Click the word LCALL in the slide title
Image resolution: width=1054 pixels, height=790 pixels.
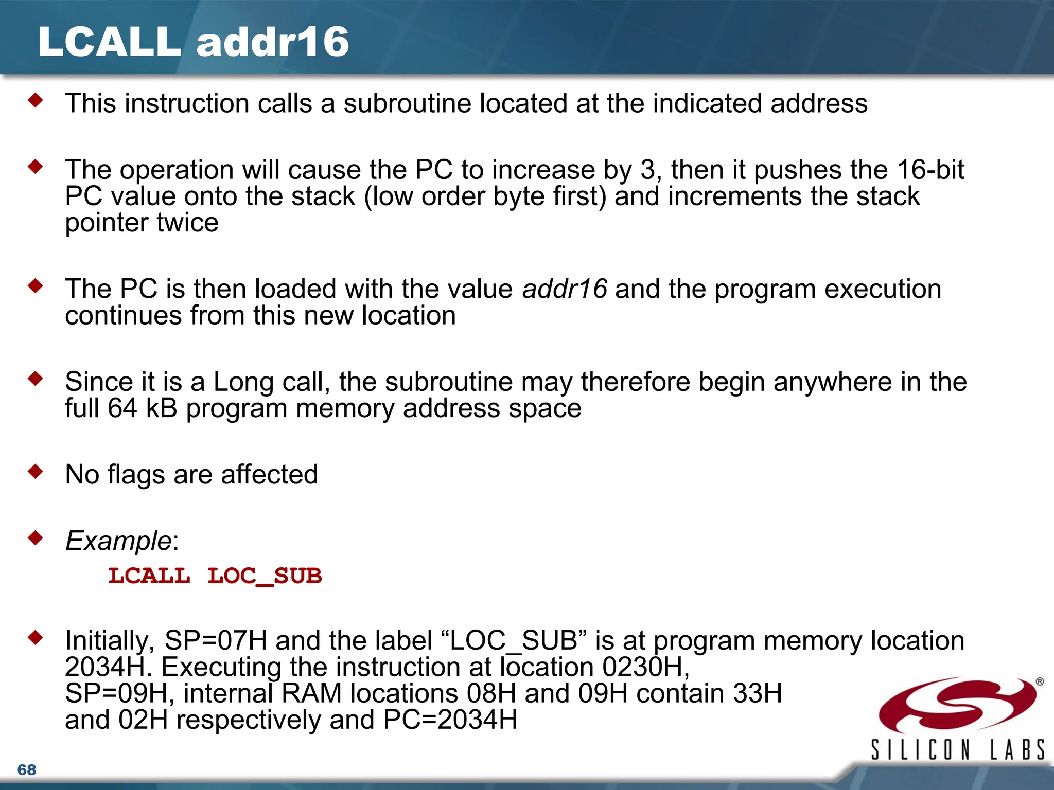coord(109,42)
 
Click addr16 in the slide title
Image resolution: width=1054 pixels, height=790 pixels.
coord(273,42)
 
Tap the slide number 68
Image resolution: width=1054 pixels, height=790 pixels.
coord(27,769)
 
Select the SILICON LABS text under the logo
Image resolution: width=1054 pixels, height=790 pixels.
coord(957,749)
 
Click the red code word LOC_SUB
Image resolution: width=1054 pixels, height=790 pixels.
coord(265,576)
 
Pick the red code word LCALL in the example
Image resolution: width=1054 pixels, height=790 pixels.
coord(149,576)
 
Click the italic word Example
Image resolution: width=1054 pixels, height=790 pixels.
coord(118,541)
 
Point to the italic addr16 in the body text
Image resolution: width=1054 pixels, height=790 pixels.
coord(565,289)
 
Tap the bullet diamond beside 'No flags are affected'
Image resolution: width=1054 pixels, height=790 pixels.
coord(36,471)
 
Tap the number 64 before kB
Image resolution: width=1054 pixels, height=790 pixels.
coord(122,408)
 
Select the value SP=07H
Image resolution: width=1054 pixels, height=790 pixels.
coord(216,641)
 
